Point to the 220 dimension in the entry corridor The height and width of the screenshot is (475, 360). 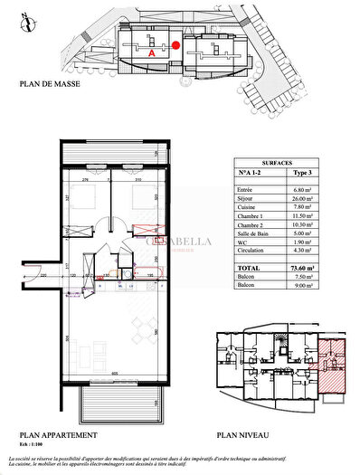coord(42,273)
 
